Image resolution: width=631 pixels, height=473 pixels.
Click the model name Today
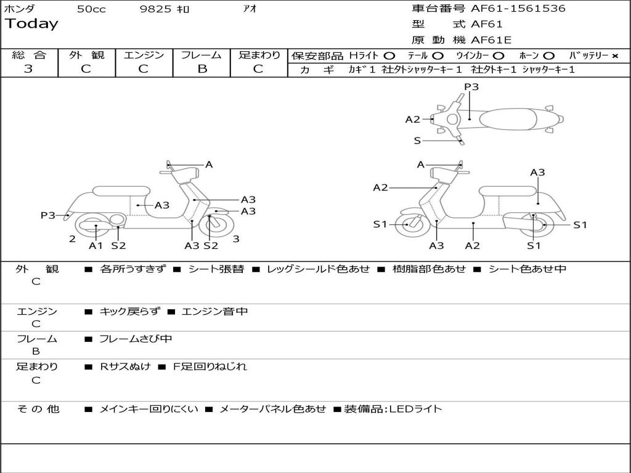31,24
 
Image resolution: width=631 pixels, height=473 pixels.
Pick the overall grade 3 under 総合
28,69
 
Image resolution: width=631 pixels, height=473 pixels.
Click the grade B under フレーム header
202,69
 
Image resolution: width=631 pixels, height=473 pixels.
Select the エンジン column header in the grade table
144,55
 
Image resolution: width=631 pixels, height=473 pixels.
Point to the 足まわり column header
259,55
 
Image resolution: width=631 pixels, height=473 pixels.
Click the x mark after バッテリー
615,56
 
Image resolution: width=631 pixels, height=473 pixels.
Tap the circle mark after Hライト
389,56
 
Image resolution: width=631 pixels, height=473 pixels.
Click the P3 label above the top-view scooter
471,87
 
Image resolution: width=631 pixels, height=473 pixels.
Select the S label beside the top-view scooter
417,141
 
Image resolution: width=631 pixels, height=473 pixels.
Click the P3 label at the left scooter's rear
48,216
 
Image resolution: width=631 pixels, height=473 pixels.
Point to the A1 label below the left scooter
96,246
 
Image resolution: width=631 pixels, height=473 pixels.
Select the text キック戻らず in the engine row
129,312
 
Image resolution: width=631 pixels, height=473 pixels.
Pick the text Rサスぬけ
125,366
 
